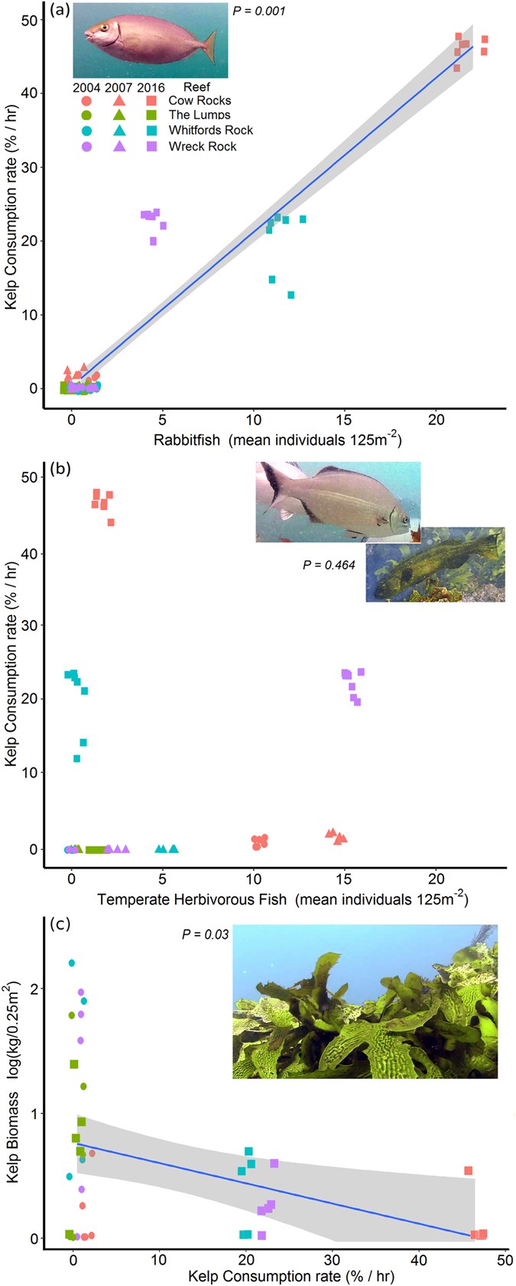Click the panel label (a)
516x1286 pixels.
60,11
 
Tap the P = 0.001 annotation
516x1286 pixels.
259,12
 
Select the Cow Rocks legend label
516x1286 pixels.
200,100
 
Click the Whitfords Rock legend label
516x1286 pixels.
210,130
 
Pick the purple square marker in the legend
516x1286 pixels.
151,146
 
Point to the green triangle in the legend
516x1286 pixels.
119,115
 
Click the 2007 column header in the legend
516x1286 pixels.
118,87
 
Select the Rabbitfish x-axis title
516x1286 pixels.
277,440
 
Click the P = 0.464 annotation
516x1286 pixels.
329,566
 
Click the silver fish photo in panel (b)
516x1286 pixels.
338,501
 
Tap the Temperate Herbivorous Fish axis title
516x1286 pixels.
282,899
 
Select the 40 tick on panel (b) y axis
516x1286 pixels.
33,552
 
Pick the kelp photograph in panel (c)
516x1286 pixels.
365,1001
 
